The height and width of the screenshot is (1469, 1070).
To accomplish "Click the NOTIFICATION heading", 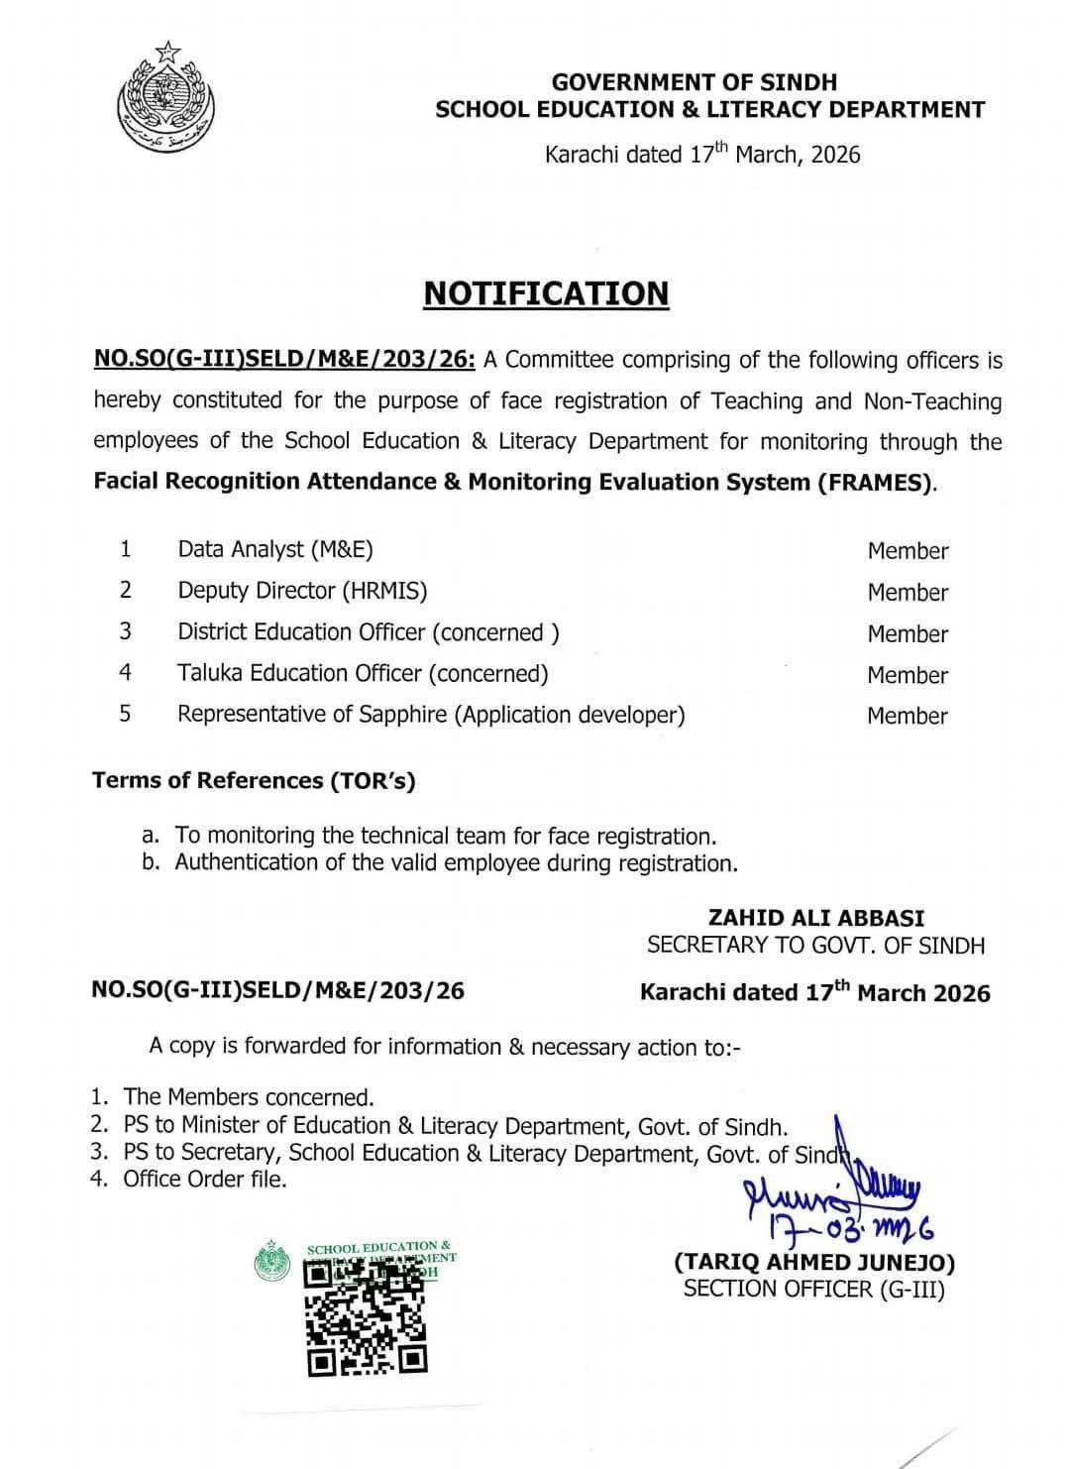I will tap(546, 293).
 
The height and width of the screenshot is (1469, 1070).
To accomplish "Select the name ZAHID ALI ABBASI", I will tap(816, 919).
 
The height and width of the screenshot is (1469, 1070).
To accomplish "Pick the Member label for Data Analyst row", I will tap(908, 551).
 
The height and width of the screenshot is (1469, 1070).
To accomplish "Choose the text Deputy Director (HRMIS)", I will tap(302, 591).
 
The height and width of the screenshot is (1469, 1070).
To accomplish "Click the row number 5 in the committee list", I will tap(125, 714).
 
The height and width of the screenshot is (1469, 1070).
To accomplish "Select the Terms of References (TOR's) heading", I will tap(254, 781).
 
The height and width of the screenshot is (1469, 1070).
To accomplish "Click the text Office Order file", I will tap(205, 1179).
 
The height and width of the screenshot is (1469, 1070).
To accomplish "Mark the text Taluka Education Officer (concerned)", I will tap(363, 674).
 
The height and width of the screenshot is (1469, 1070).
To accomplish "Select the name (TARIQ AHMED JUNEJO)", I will tap(814, 1262).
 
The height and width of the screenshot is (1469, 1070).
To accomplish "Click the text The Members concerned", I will tap(249, 1097).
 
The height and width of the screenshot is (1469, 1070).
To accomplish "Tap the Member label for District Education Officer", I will tap(908, 634).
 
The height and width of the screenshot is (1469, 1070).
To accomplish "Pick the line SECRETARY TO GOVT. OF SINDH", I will tap(815, 945).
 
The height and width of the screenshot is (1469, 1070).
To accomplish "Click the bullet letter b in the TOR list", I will tap(151, 862).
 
